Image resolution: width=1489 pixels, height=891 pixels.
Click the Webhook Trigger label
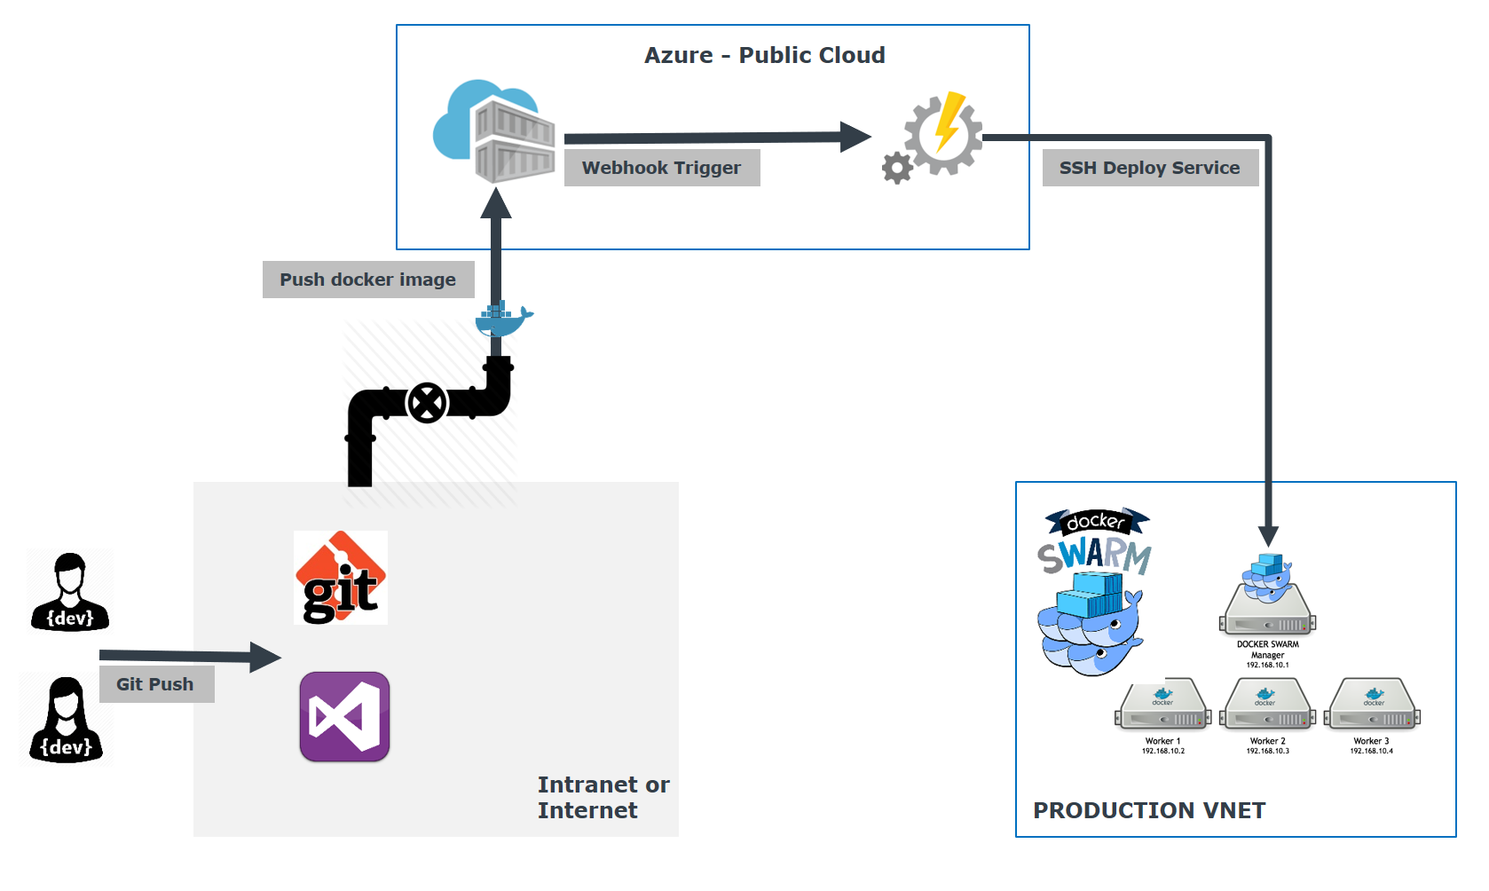662,168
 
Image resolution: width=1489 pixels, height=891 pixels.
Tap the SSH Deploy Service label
1150,168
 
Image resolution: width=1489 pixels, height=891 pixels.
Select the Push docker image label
367,280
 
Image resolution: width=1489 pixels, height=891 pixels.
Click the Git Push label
155,684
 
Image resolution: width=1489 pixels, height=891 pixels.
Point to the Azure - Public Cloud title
764,55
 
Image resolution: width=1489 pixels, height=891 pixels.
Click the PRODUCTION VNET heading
1149,810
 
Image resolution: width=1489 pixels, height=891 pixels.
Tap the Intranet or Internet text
603,797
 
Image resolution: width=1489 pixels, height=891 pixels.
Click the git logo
341,578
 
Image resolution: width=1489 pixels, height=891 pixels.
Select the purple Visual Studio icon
344,716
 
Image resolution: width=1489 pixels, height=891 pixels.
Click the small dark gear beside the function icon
897,168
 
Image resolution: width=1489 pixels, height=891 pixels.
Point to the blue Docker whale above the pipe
503,319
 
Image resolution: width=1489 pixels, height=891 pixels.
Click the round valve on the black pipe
427,404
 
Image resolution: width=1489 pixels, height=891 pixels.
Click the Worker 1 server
1162,706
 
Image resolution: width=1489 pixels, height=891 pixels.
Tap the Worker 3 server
1372,706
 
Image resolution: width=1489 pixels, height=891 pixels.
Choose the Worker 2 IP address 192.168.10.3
1267,751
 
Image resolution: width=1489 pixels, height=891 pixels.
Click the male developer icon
70,591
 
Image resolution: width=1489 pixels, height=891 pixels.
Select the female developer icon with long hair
67,720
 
